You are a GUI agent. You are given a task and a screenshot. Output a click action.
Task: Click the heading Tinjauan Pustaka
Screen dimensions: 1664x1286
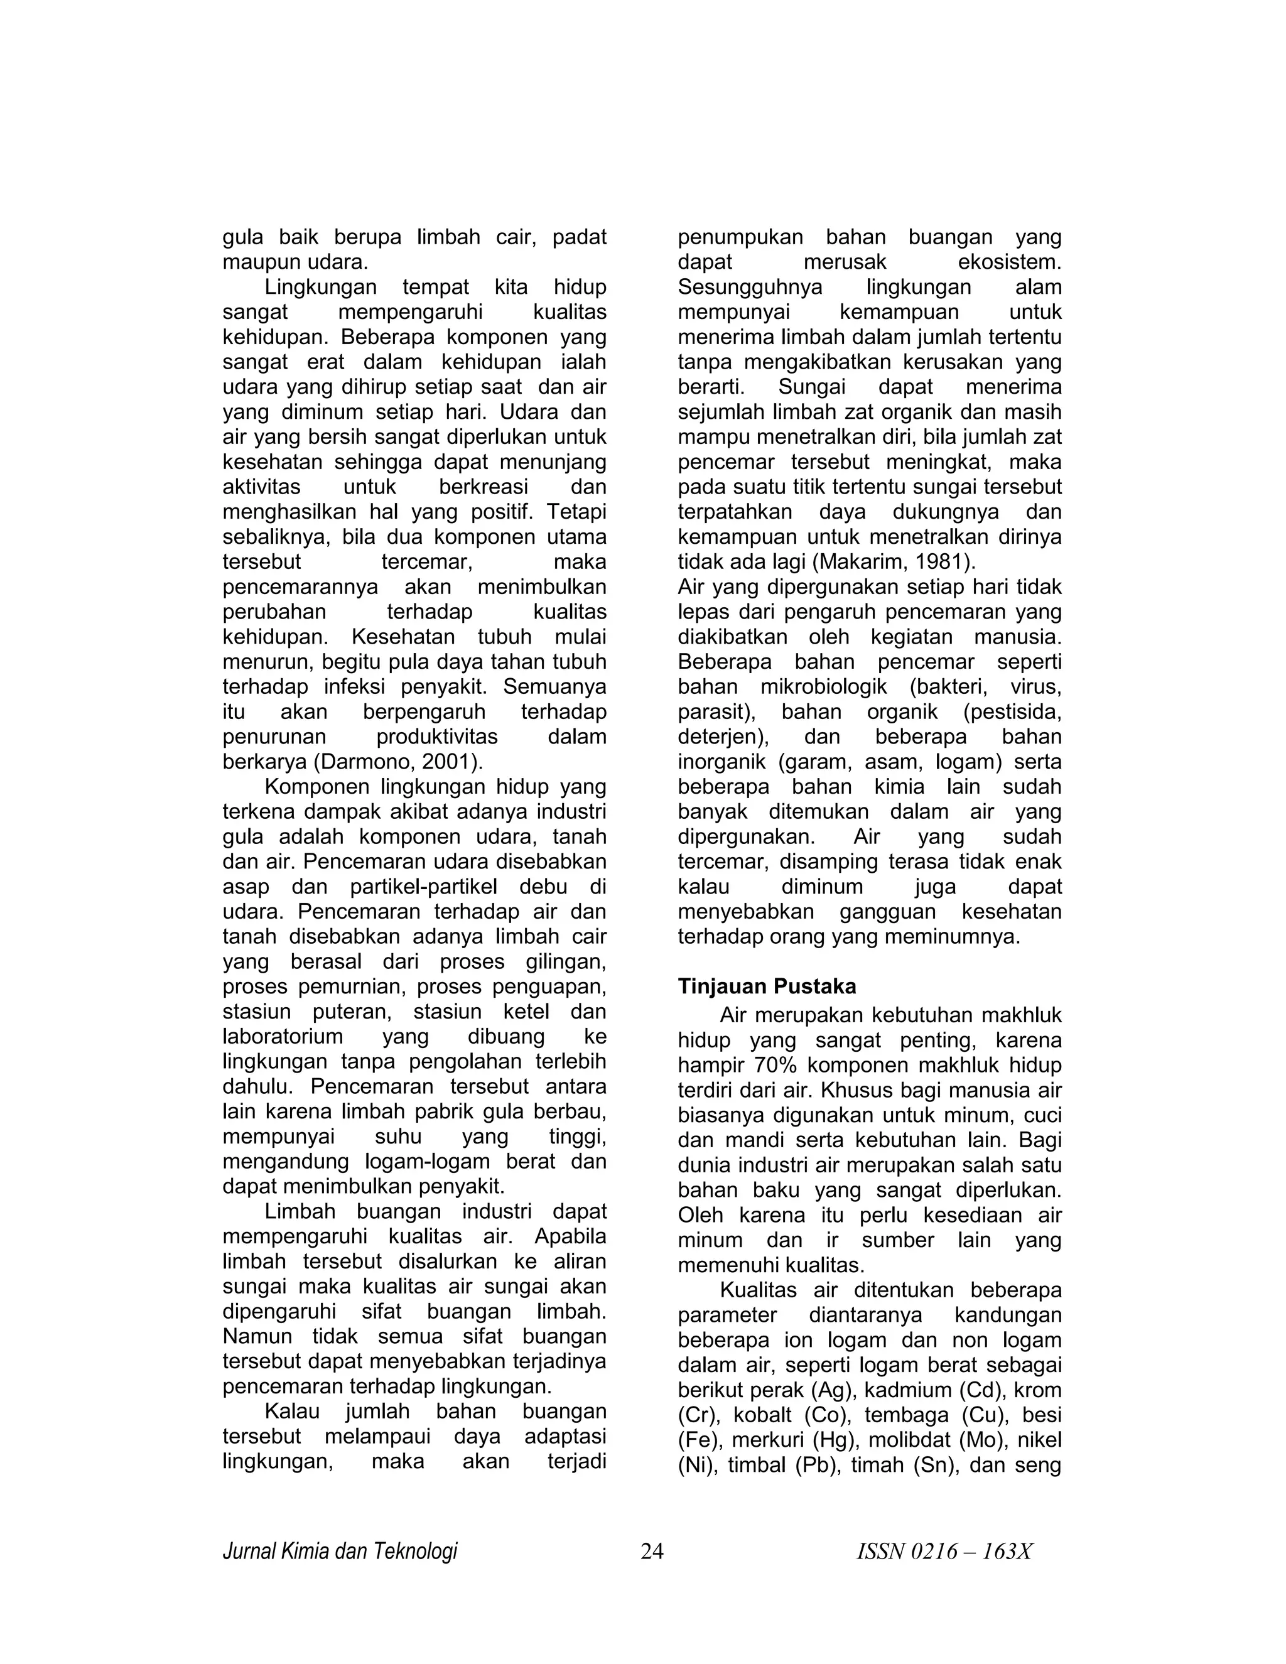[767, 986]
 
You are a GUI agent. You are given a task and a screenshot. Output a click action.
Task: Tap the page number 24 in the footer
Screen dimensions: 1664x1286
[652, 1551]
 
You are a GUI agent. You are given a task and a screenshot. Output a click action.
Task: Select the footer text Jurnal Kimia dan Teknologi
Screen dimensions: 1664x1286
[340, 1551]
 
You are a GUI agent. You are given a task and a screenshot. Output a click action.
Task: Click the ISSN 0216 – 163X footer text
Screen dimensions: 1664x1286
[944, 1551]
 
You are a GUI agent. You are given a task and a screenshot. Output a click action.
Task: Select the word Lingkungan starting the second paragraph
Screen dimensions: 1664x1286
[321, 287]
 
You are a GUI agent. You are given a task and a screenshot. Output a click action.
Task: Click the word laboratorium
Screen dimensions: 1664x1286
[283, 1037]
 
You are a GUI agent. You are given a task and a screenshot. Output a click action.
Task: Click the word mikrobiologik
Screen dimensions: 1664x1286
[824, 687]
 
